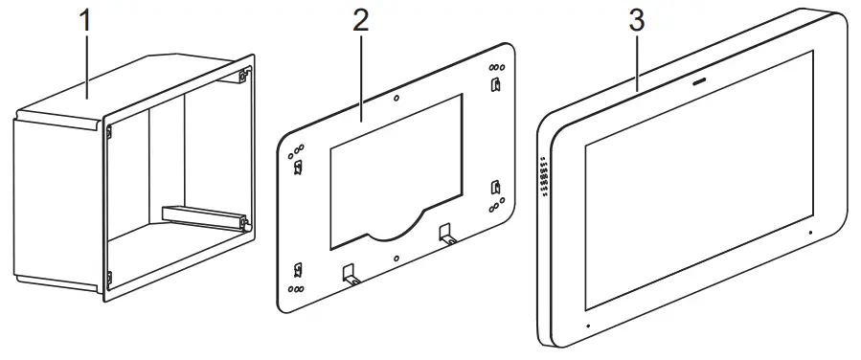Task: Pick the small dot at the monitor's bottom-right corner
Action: [x=809, y=232]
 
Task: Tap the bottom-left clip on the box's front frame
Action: [x=108, y=278]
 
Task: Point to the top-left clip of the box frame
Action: [x=108, y=130]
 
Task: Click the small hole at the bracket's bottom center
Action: [x=397, y=258]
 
